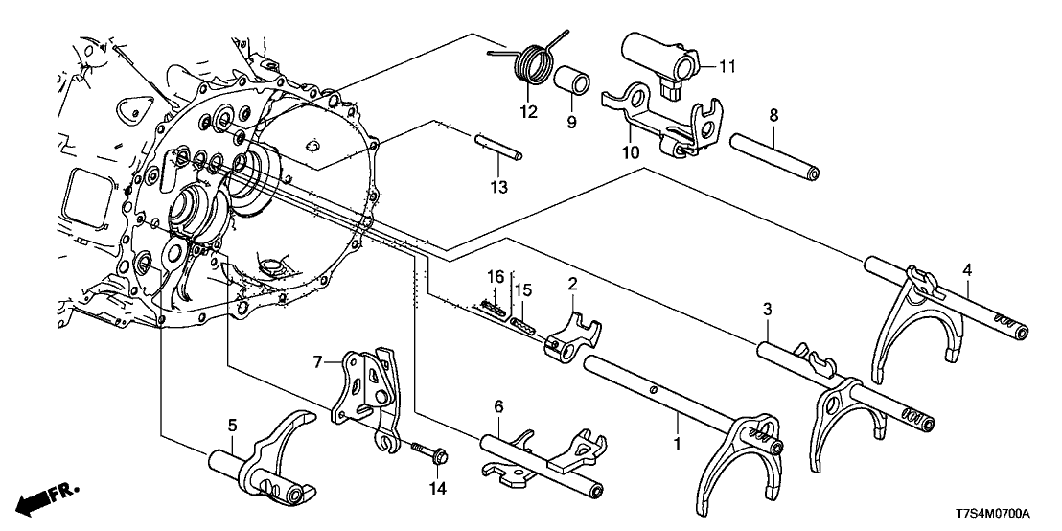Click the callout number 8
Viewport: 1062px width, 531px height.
point(773,116)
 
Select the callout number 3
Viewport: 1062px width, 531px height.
point(767,309)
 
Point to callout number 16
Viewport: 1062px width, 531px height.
point(496,277)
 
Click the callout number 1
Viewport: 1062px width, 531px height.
point(677,444)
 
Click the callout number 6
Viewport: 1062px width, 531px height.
point(498,406)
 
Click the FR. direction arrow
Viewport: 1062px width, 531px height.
point(49,496)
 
